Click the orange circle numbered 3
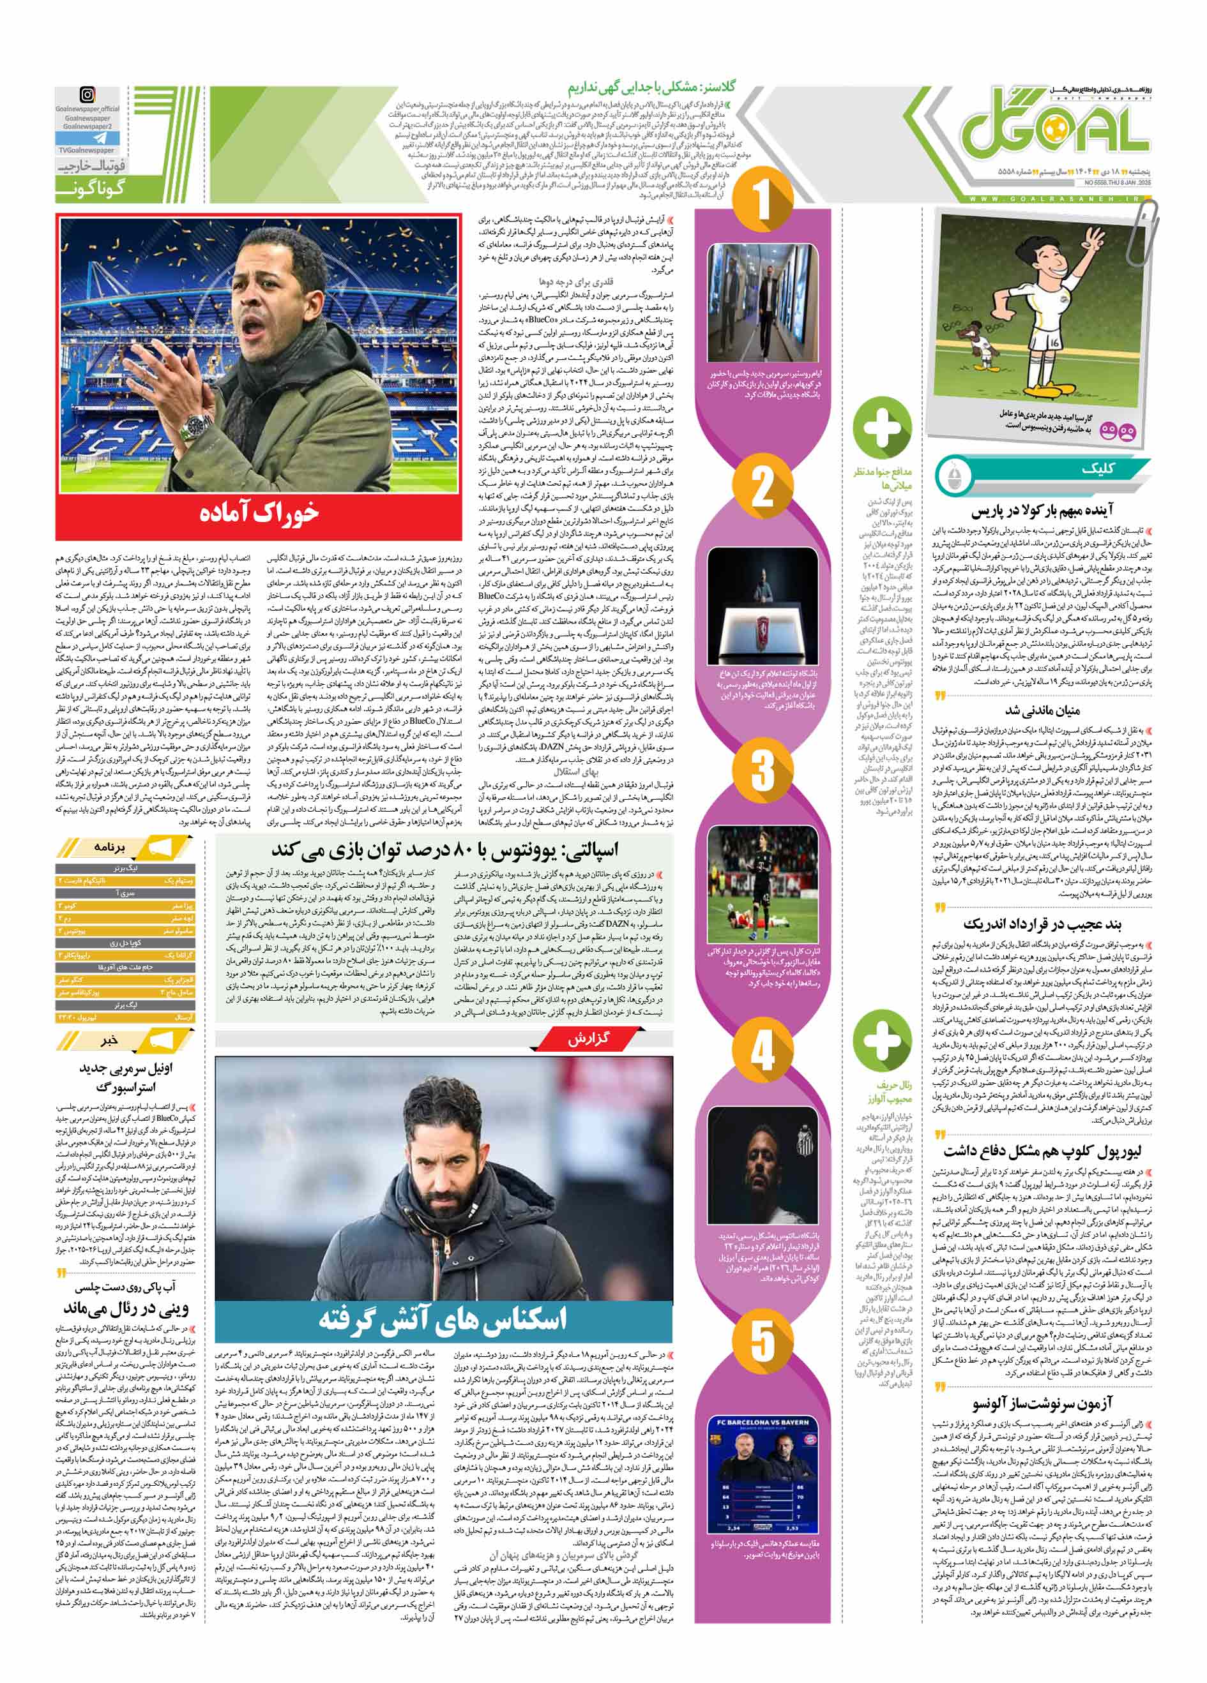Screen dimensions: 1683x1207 763,770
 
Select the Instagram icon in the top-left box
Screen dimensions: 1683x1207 87,95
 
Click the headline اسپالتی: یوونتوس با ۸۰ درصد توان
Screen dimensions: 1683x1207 443,849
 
